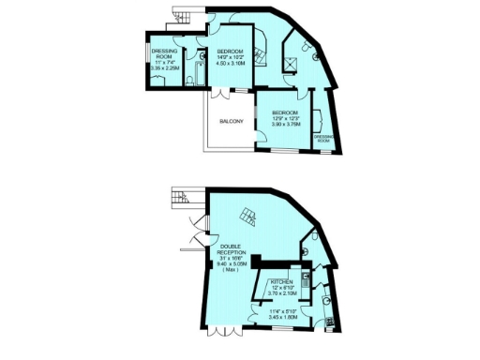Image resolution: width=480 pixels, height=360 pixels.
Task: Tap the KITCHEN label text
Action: [282, 281]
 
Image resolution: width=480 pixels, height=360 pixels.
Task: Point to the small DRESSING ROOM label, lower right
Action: [325, 138]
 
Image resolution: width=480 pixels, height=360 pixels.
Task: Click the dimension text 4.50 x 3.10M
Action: [231, 65]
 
